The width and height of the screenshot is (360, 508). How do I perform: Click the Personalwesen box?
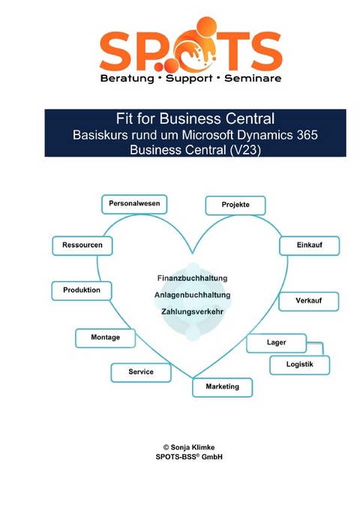(134, 203)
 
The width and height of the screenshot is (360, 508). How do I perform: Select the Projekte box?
(235, 205)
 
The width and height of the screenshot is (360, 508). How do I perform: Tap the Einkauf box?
(309, 245)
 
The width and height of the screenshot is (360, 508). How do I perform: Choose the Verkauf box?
(309, 300)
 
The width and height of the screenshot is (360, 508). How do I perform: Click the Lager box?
(277, 343)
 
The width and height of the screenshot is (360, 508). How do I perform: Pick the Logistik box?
(299, 365)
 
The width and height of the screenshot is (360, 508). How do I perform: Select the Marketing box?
(222, 386)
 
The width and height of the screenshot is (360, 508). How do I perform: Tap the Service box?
(141, 372)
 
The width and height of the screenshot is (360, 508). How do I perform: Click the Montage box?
(106, 338)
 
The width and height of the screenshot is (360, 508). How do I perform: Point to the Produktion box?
(82, 290)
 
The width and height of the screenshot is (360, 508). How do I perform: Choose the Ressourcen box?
(82, 245)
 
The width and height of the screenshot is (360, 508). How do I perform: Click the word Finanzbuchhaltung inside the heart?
(193, 278)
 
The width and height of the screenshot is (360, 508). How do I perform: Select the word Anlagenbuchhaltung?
(193, 294)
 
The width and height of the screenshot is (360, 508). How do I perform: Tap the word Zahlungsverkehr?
(193, 310)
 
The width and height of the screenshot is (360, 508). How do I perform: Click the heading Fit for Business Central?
(195, 119)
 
